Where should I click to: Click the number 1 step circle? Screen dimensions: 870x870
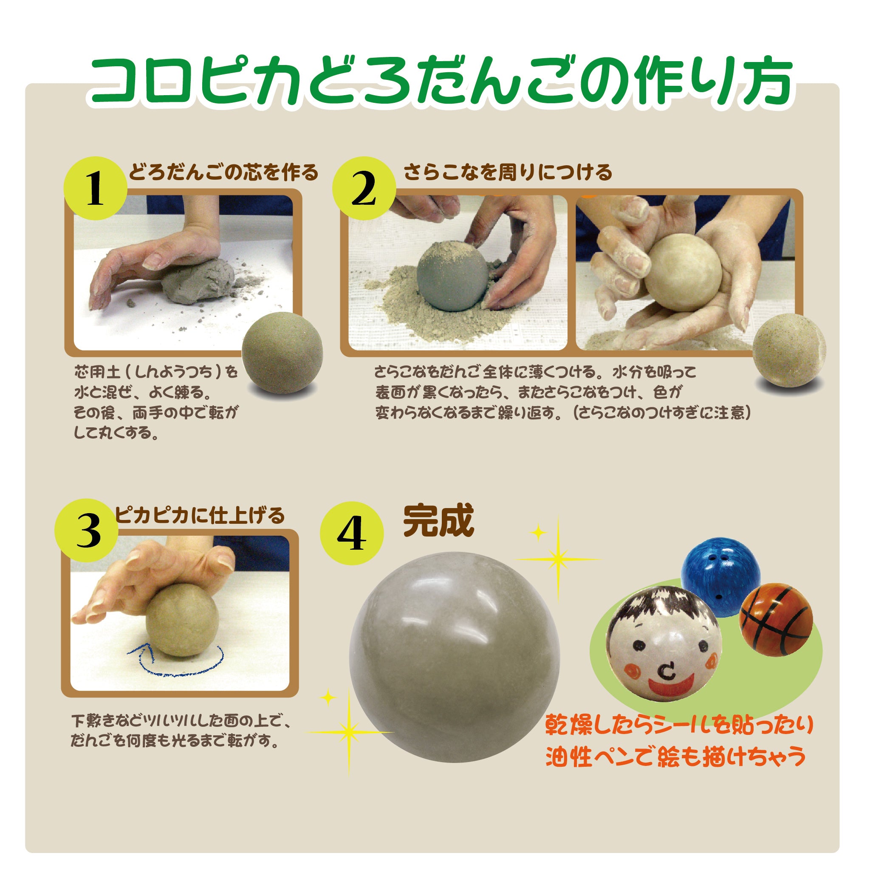96,188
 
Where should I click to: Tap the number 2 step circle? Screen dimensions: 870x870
364,188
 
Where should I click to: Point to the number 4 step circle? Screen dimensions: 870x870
352,533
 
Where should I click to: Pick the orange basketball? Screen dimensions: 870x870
776,620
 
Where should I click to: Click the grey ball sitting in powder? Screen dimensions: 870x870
452,276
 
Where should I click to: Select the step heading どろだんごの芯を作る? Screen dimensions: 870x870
223,173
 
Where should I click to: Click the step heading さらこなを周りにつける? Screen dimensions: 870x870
508,172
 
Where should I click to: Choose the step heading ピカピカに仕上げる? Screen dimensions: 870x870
200,516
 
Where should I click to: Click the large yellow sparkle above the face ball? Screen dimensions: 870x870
558,560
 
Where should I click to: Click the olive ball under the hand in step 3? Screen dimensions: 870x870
182,620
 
